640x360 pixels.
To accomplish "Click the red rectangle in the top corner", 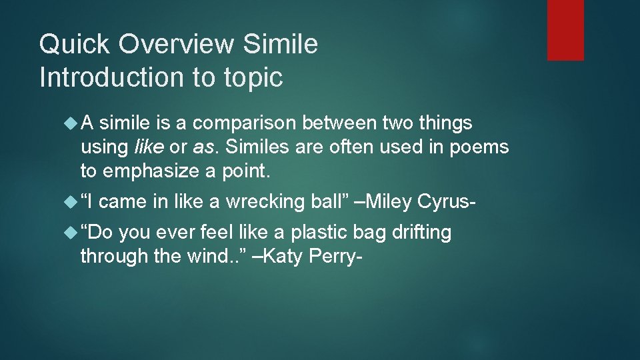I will coord(565,30).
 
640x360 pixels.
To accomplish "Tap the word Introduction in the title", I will coord(111,77).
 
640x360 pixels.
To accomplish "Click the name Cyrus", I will coord(445,201).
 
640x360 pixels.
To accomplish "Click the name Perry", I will coord(337,257).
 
